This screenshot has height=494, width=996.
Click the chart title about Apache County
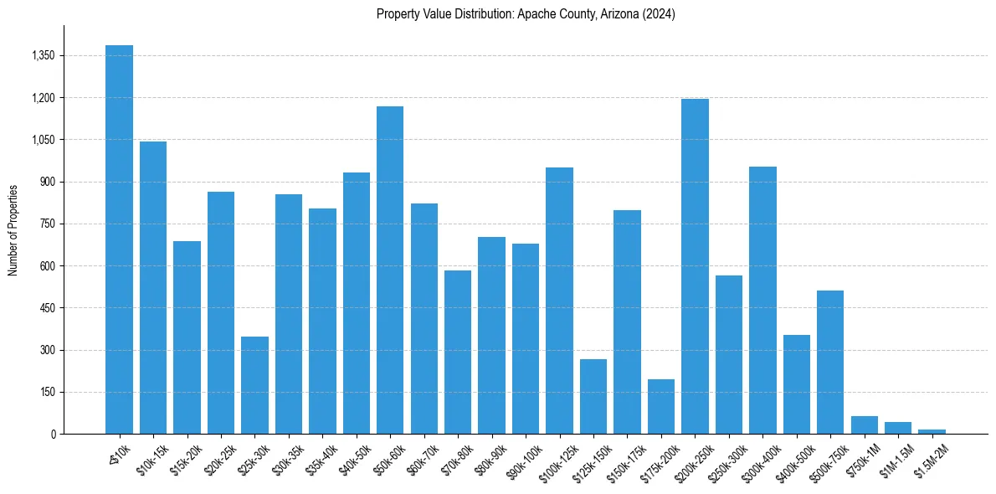pos(526,13)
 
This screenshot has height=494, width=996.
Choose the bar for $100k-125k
pos(559,301)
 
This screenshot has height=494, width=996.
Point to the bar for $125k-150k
pos(593,396)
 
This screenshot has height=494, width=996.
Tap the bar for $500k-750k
pos(830,362)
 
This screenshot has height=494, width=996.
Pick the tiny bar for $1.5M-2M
pos(932,431)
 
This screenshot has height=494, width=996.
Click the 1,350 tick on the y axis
pos(43,56)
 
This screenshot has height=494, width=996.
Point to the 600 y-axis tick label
pos(47,266)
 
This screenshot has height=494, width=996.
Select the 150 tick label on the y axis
pos(47,393)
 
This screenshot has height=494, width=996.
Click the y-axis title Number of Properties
pos(13,229)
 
